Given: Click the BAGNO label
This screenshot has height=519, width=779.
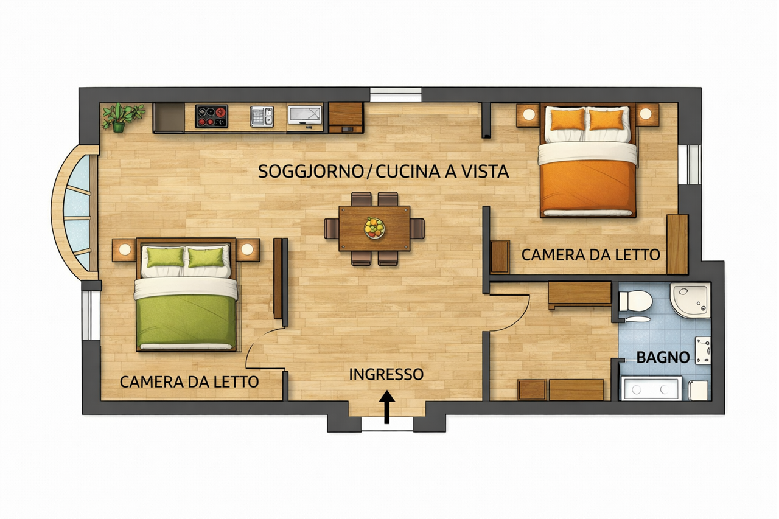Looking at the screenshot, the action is (663, 357).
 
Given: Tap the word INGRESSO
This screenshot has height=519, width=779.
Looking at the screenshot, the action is (386, 374).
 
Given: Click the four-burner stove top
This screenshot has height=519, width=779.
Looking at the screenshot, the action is (211, 116).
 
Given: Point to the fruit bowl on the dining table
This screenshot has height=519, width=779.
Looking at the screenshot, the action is (374, 228).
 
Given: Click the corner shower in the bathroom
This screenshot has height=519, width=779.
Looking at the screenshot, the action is (690, 300).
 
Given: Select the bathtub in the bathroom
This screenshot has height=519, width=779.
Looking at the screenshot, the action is (651, 388).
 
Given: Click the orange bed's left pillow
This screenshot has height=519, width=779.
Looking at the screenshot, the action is (568, 119).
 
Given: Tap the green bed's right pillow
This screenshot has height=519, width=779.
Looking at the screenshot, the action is (206, 257).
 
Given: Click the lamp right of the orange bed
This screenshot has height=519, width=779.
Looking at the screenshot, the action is (646, 114).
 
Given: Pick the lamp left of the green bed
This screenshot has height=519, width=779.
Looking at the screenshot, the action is (125, 249).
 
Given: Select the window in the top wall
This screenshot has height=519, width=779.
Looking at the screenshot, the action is (396, 94).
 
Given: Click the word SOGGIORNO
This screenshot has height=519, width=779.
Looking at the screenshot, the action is (311, 172).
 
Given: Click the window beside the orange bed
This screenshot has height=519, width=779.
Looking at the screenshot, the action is (689, 164).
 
